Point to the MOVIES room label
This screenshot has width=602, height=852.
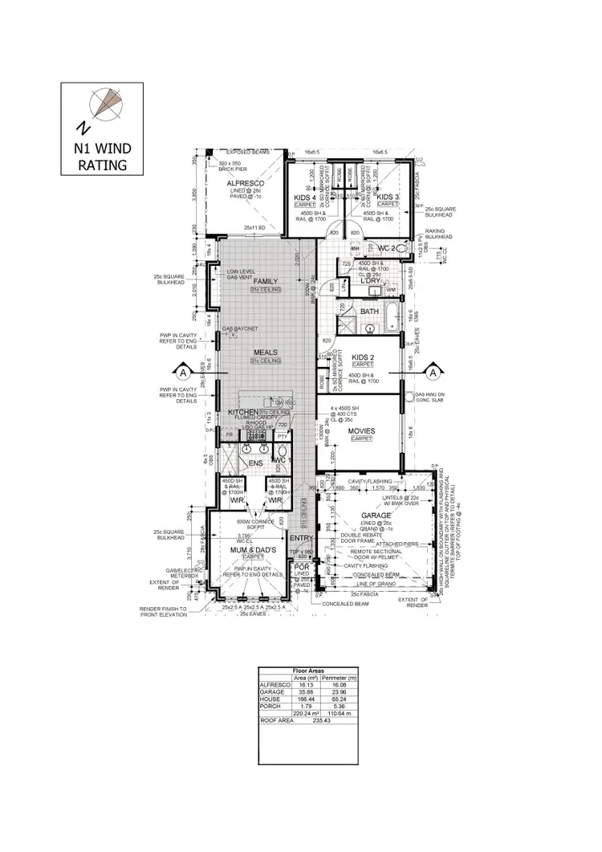360,431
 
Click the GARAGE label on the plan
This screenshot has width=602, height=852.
376,516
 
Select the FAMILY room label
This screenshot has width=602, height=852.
265,282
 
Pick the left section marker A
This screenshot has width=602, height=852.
182,373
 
